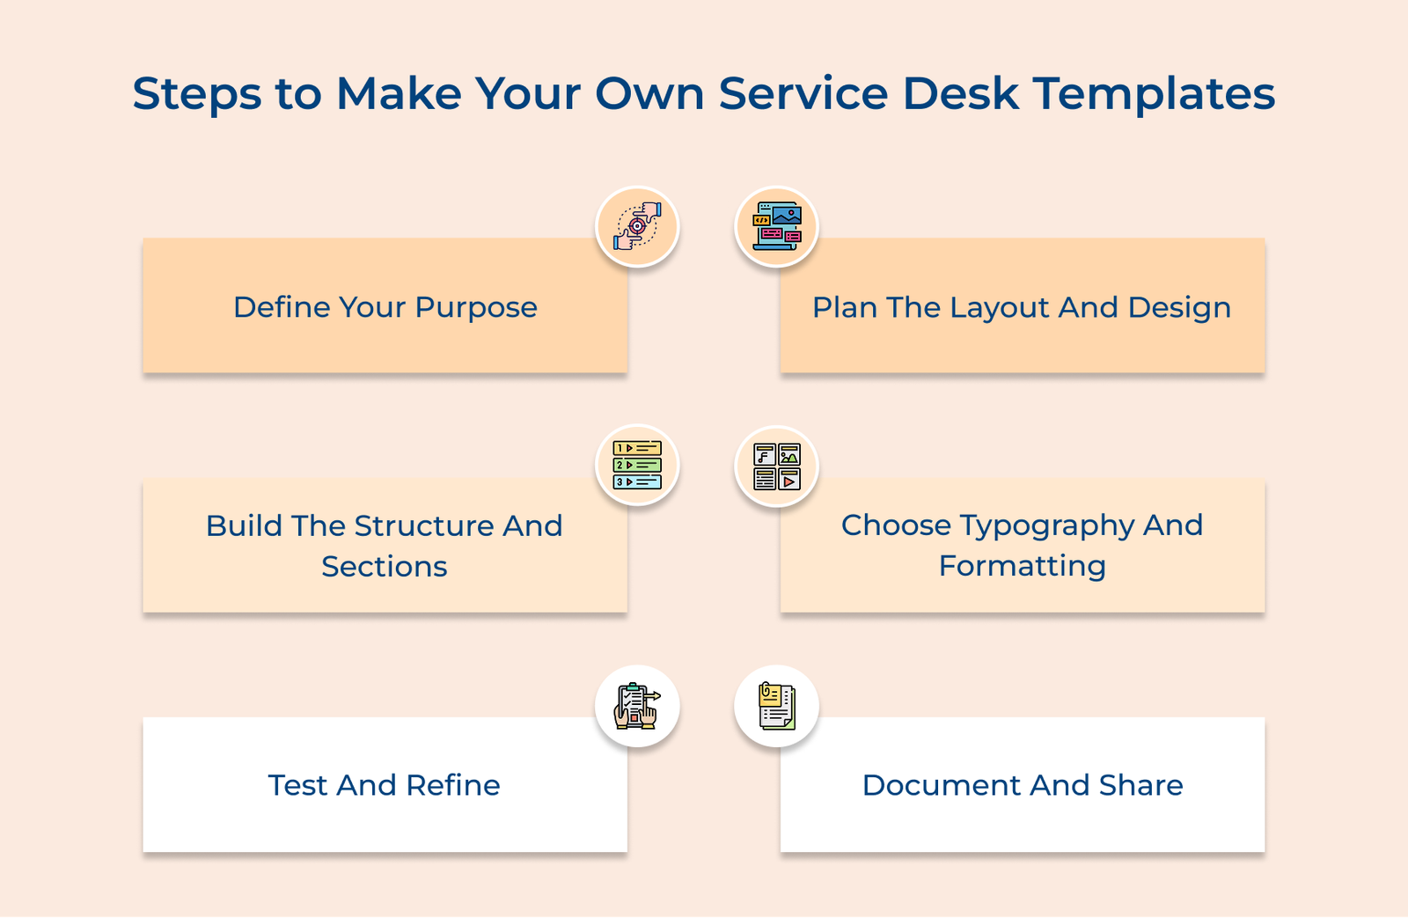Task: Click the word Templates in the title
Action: [1154, 93]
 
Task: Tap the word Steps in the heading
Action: [197, 94]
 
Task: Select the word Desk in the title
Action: [961, 93]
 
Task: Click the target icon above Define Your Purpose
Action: [637, 226]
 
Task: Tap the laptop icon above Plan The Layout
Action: [777, 226]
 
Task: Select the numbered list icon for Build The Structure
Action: [637, 466]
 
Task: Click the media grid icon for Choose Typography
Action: [777, 466]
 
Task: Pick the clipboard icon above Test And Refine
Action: [637, 706]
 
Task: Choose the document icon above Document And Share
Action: [777, 706]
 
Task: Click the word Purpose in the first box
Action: [475, 308]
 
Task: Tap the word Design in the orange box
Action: [1179, 308]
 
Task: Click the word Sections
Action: [385, 567]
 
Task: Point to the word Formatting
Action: [1022, 567]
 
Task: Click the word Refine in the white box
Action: [453, 785]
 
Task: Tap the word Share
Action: [1140, 785]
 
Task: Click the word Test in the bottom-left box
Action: [297, 785]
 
